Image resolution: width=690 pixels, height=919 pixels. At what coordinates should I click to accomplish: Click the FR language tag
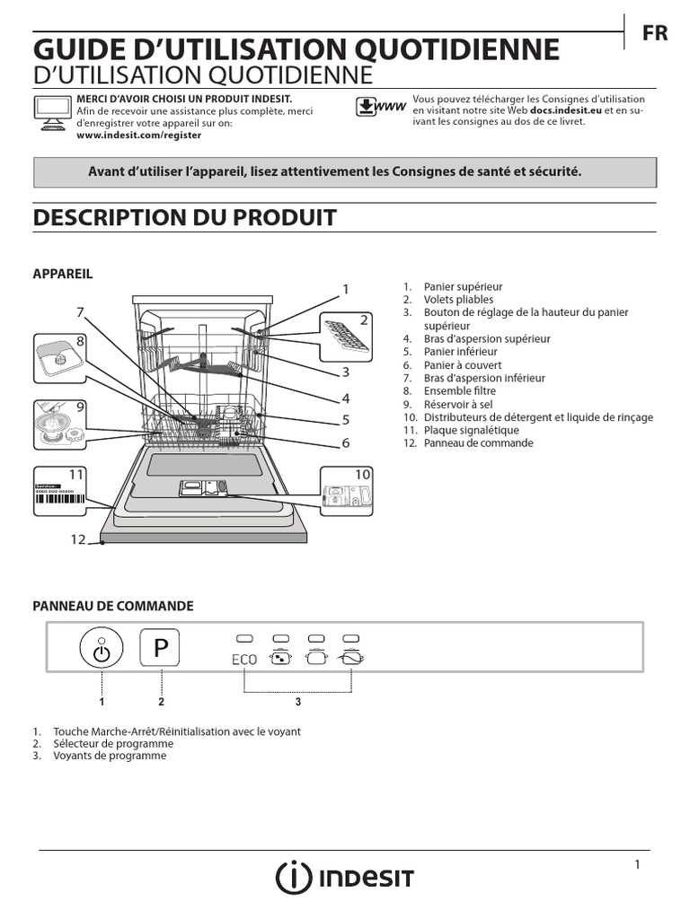(655, 32)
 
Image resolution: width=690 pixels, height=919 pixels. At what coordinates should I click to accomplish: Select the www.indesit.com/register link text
(139, 135)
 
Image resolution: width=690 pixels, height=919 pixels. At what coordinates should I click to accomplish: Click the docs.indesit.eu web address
(566, 110)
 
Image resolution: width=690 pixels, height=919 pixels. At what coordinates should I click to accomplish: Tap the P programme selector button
(160, 648)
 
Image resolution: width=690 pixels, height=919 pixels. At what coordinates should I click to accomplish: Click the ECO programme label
(243, 659)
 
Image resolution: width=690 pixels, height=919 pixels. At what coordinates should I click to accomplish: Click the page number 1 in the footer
(637, 864)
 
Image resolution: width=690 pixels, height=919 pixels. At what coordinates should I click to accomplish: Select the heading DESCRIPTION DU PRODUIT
(184, 217)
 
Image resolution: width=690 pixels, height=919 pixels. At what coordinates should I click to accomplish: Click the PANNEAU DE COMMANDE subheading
(113, 607)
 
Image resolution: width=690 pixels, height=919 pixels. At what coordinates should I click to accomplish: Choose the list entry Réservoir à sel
(457, 405)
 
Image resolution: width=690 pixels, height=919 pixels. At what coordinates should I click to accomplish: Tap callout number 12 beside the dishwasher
(77, 539)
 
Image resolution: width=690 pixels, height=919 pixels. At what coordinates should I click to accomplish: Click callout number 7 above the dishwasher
(80, 312)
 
